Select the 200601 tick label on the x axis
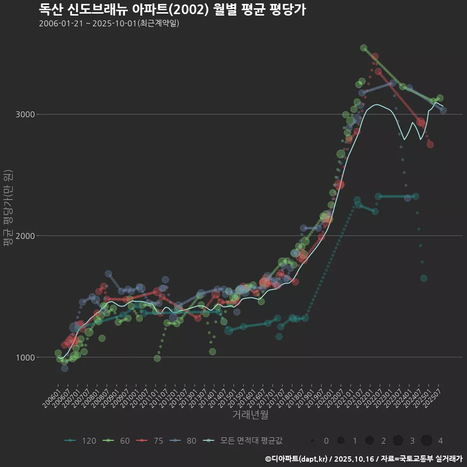52,396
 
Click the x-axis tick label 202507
433,396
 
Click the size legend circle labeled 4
427,441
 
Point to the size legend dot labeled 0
312,441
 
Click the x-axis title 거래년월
250,415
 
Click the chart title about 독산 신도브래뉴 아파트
172,9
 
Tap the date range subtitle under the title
109,23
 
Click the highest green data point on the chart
363,48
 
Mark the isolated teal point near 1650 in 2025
424,278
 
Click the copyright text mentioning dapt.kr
363,458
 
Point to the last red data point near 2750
430,144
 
